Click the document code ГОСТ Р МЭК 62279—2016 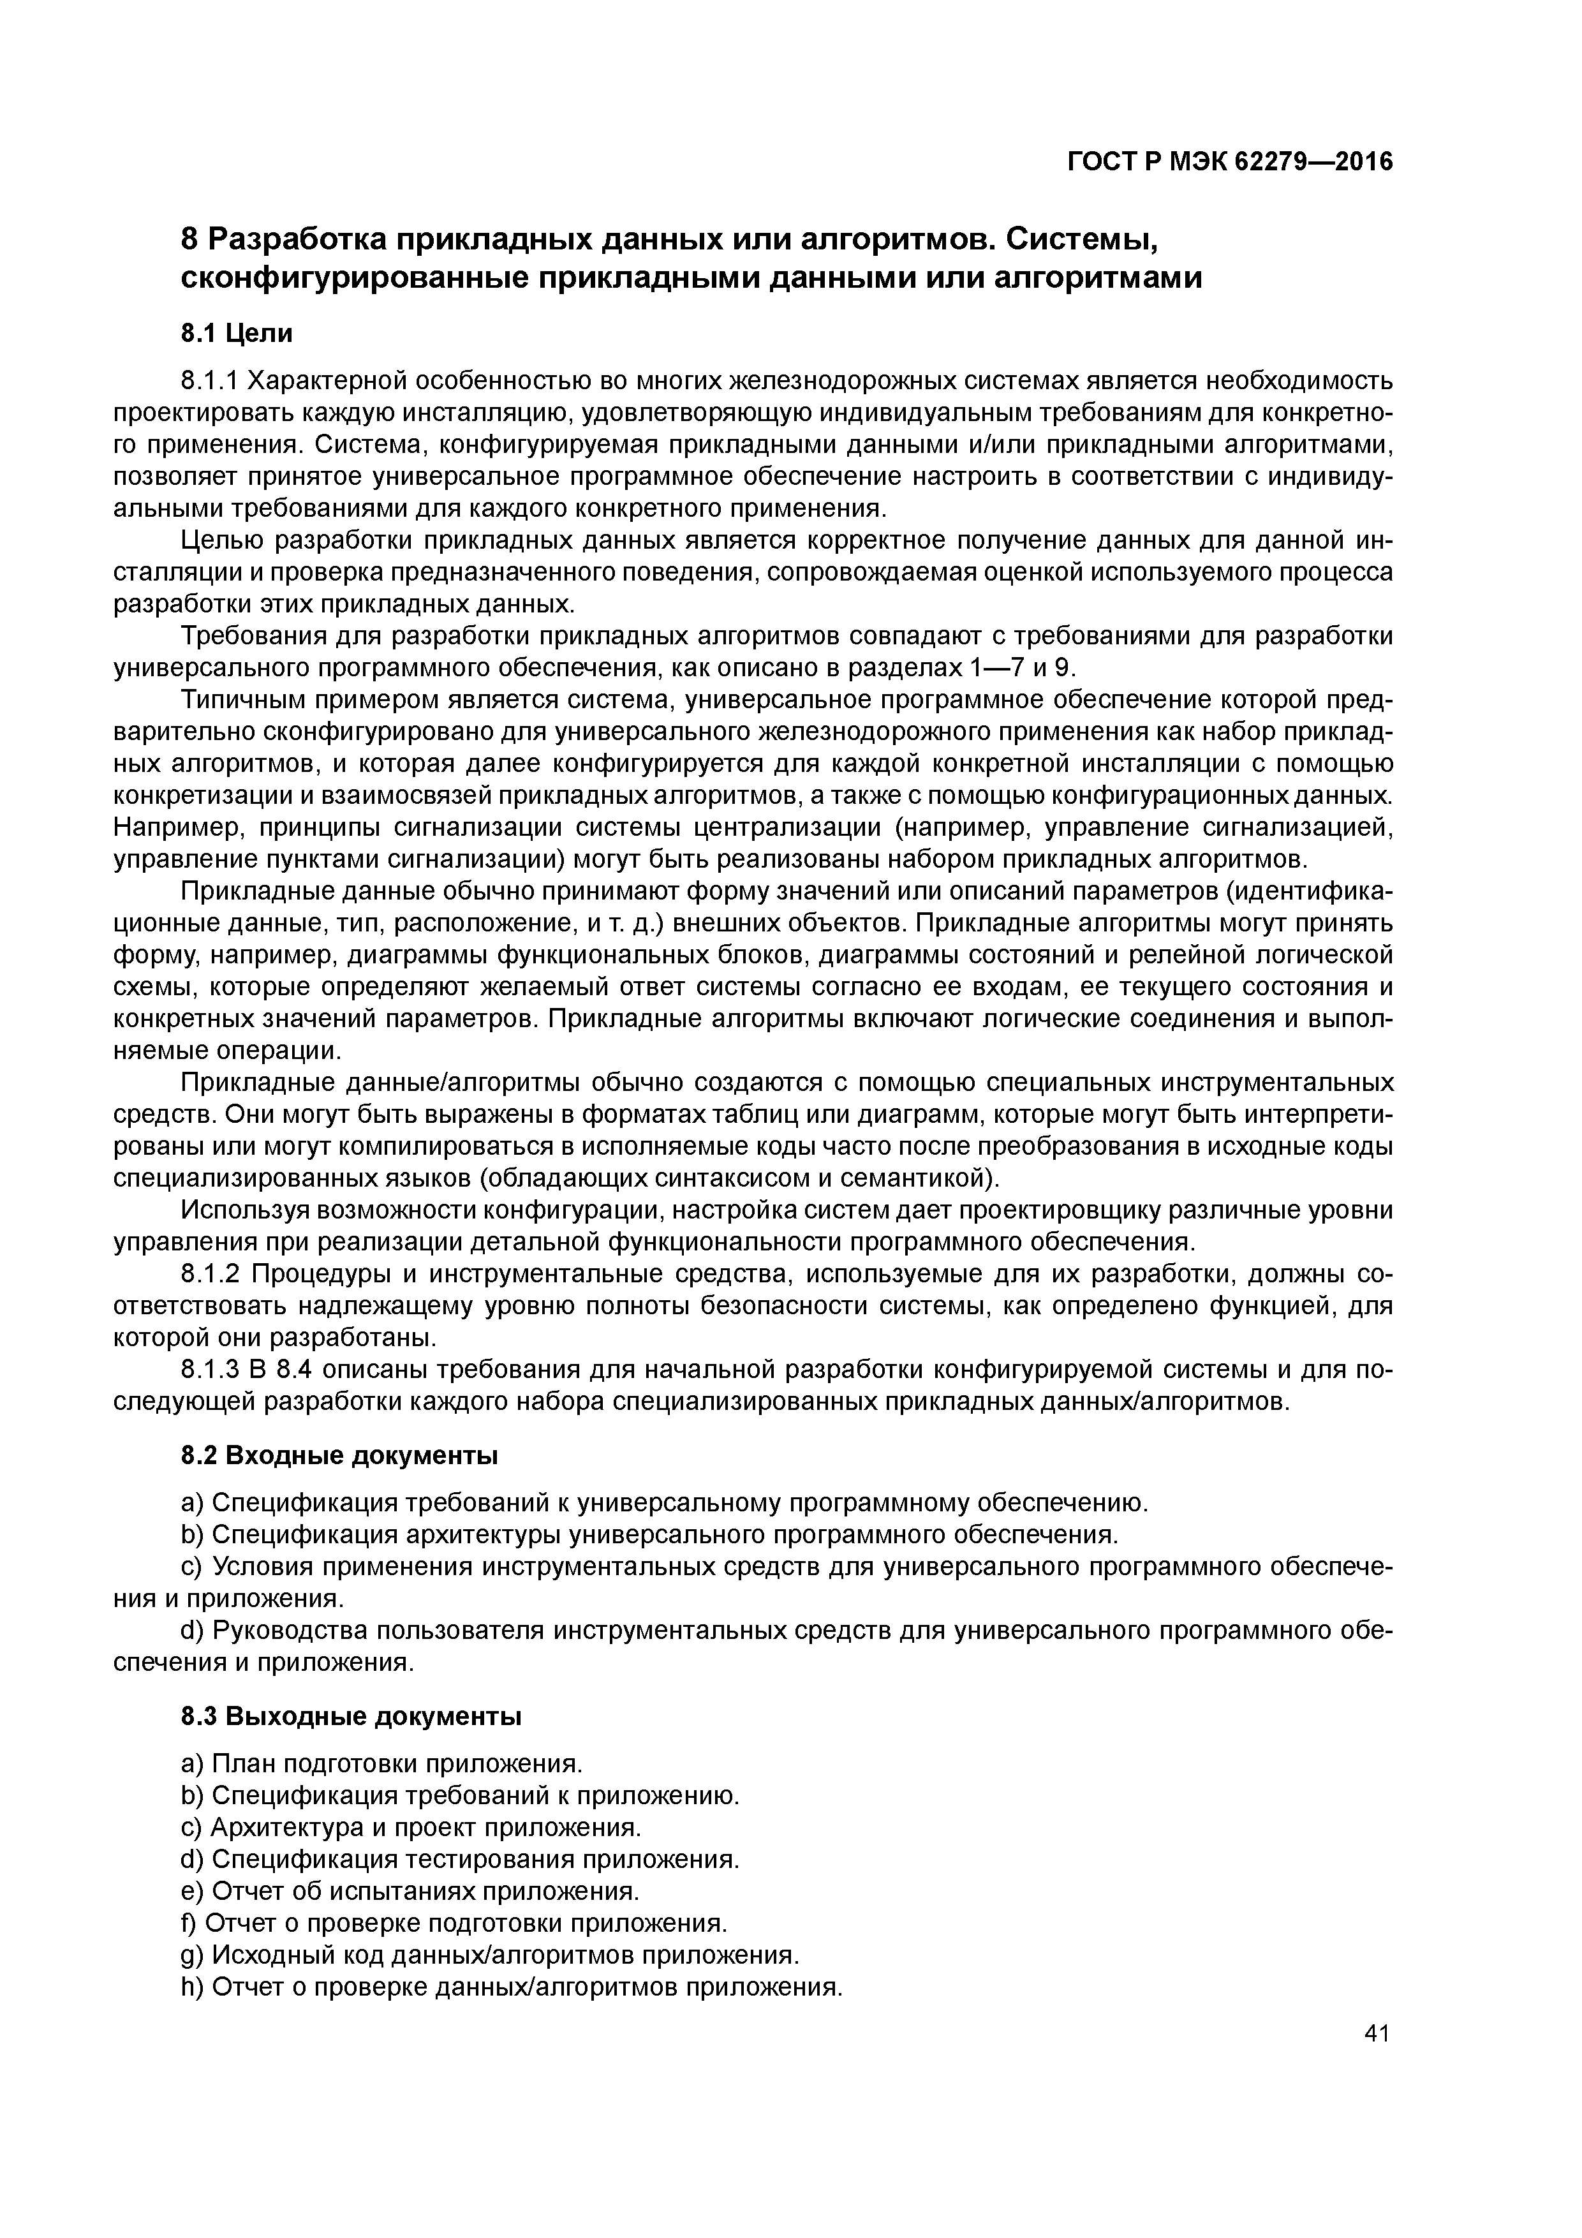coord(1230,162)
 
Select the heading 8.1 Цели coord(236,334)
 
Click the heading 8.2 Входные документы coord(339,1455)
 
